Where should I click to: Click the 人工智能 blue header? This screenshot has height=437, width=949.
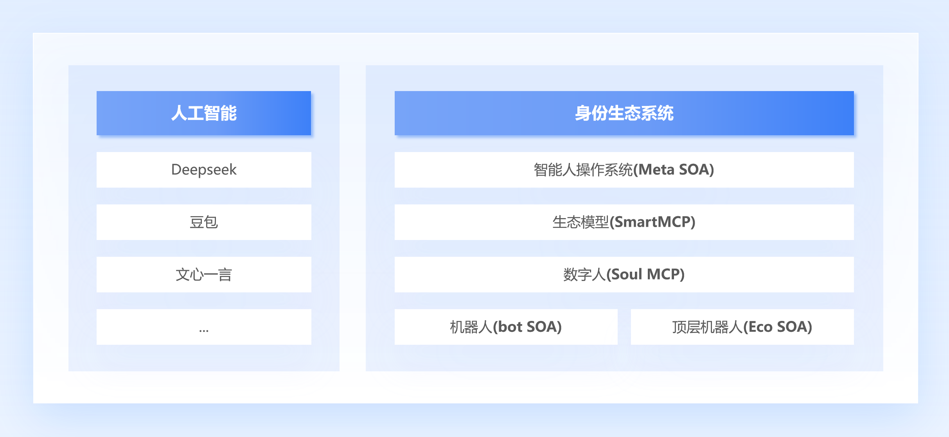[204, 113]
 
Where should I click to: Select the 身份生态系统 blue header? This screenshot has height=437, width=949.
[624, 113]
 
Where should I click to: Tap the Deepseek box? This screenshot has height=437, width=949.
[204, 170]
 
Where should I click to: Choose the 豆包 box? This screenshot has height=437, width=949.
[204, 222]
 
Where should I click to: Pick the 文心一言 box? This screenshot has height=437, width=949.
[204, 274]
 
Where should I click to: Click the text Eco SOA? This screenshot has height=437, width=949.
[778, 327]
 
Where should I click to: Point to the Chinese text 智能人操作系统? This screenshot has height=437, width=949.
[583, 170]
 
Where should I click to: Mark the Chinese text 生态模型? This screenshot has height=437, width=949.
[581, 222]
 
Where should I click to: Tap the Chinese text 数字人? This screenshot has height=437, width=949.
[584, 274]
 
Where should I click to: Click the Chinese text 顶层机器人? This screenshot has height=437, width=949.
[707, 327]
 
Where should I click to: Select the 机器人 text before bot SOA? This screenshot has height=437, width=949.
[471, 327]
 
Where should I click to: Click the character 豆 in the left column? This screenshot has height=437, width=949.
[196, 222]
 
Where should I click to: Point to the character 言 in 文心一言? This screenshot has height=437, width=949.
[225, 274]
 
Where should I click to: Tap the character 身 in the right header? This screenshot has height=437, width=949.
[583, 113]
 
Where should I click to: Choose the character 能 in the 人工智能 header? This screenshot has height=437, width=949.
[228, 113]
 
